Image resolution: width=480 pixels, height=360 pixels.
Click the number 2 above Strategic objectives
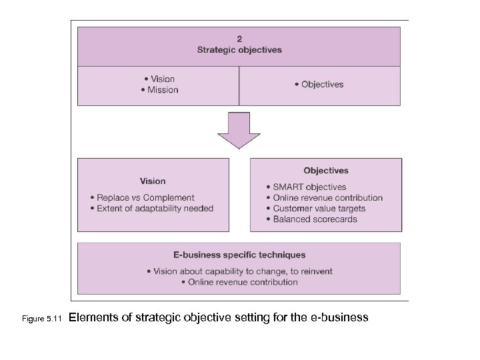point(239,39)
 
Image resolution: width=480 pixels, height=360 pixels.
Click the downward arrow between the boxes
point(239,131)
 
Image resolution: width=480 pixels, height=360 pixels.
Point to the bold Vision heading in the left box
point(153,181)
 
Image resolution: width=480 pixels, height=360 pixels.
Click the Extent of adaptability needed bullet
point(151,208)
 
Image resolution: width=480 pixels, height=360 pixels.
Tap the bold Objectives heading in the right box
point(326,171)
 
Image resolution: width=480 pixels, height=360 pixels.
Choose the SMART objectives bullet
point(305,187)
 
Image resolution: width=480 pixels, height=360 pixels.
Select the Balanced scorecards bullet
point(311,219)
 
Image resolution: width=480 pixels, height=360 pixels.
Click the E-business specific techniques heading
point(239,255)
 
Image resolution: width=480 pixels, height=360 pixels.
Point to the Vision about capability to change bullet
point(239,271)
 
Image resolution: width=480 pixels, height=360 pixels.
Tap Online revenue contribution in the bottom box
point(239,282)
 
